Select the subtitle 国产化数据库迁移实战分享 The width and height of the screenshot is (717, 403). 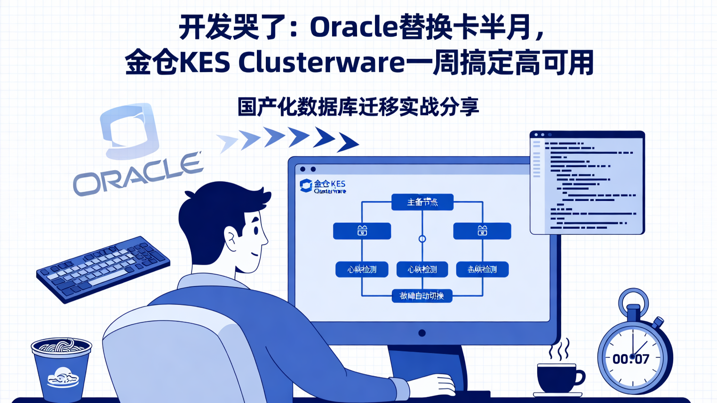[x=358, y=107]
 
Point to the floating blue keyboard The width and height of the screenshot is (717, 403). [x=104, y=268]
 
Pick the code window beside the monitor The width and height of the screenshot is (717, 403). [x=587, y=182]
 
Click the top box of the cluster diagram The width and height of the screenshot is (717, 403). [x=422, y=202]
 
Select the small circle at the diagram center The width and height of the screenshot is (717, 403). [x=422, y=239]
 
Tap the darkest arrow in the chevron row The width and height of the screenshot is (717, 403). [x=347, y=142]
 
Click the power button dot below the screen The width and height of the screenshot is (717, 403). [x=422, y=332]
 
